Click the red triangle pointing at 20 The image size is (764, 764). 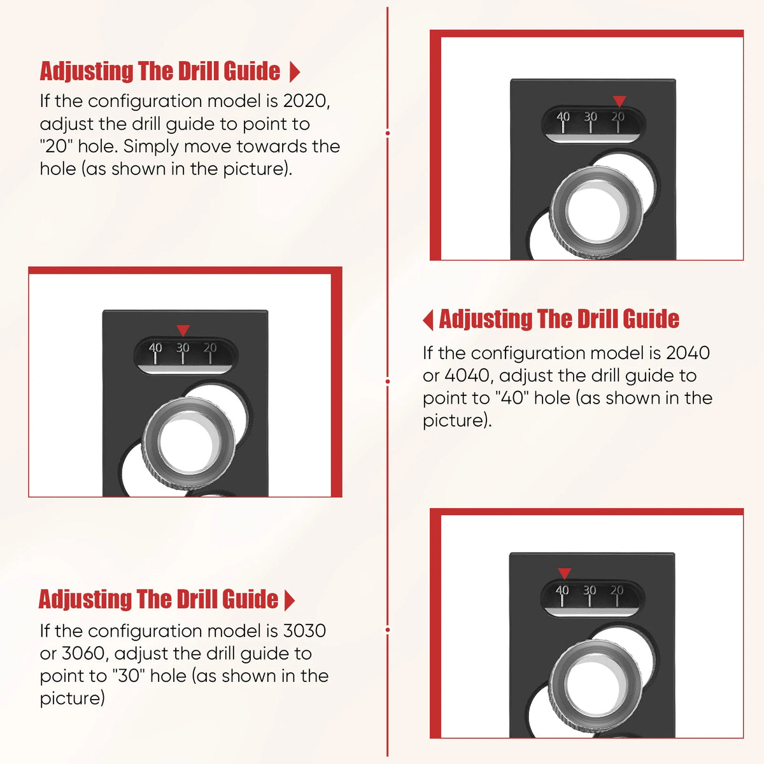[x=619, y=101]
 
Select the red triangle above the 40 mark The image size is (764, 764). [x=564, y=573]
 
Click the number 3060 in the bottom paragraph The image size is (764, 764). [x=84, y=654]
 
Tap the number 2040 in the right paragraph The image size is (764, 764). [x=688, y=353]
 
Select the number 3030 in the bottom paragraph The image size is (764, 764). [x=304, y=631]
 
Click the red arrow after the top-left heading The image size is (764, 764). [x=294, y=72]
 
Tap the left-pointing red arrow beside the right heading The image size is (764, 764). [x=428, y=320]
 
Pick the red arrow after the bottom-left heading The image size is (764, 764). [x=290, y=600]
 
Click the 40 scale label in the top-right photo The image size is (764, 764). [x=563, y=117]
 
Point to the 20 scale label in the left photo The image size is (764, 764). [x=209, y=348]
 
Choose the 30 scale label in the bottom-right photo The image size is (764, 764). [x=590, y=590]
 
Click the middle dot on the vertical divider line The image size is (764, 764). [x=387, y=381]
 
